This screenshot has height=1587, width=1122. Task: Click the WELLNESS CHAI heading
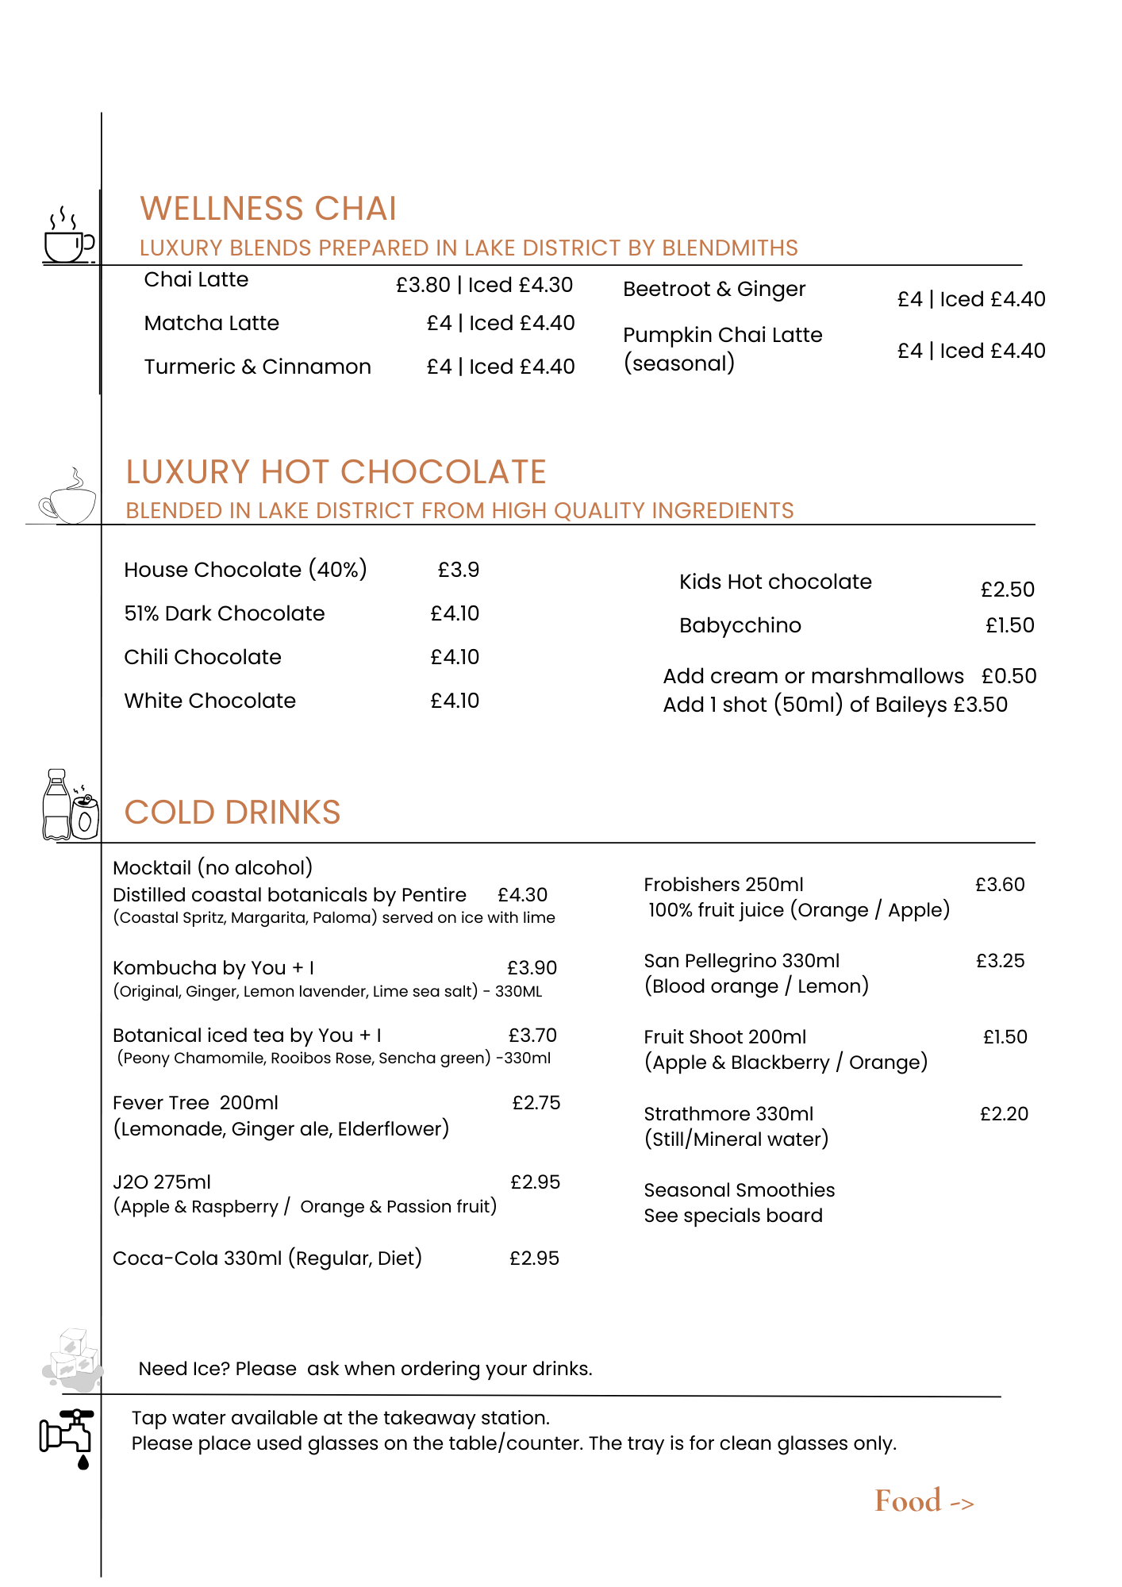tap(268, 209)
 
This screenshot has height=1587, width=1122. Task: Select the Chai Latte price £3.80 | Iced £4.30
tap(484, 285)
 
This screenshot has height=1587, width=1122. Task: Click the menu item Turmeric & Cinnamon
tap(257, 367)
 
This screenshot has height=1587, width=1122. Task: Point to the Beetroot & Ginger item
tap(714, 289)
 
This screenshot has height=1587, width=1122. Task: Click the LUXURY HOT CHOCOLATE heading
tap(336, 472)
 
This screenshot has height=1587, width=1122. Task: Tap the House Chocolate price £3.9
tap(458, 570)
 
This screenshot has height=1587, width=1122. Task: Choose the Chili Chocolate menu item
tap(202, 657)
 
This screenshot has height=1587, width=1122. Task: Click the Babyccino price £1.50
tap(1009, 625)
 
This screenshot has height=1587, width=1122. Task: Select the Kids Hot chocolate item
tap(775, 582)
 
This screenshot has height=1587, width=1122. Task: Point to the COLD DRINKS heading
tap(232, 813)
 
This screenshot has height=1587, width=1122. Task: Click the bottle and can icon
tap(70, 805)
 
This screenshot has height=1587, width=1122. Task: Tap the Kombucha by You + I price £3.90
tap(532, 968)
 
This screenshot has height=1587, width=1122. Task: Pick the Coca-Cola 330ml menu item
tap(267, 1258)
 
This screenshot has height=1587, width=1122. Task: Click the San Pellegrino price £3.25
tap(1000, 961)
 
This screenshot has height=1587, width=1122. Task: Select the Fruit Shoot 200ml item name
tap(724, 1037)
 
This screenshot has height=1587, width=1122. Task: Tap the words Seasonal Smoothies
tap(739, 1190)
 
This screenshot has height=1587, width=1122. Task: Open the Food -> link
tap(924, 1501)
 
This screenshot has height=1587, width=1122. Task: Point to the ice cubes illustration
tap(72, 1361)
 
